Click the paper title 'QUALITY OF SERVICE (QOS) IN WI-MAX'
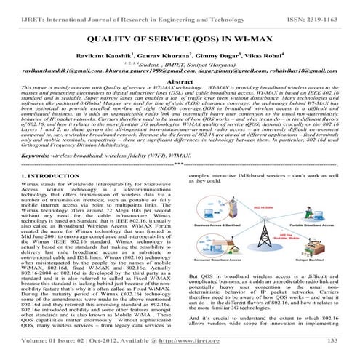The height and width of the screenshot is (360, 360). (x=180, y=36)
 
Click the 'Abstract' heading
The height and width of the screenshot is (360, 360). (x=180, y=84)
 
